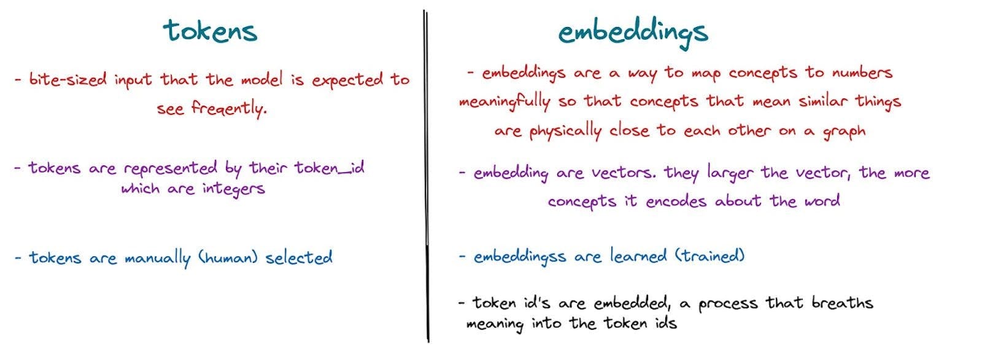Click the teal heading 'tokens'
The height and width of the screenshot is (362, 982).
point(210,31)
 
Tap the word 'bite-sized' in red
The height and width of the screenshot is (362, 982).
point(68,79)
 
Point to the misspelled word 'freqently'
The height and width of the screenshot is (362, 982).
point(229,108)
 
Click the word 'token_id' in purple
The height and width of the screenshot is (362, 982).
point(329,168)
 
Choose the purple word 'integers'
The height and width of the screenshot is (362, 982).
point(234,189)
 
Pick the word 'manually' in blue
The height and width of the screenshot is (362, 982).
point(158,258)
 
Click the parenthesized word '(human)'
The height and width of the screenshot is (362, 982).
point(228,257)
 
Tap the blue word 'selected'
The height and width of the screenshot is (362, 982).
point(299,257)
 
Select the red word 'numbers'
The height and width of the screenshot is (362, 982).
point(862,73)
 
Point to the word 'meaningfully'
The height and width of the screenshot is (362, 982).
point(505,102)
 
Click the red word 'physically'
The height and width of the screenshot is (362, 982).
point(565,131)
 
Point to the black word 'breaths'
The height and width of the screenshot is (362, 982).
point(842,303)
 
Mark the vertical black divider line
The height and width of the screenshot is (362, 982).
point(426,176)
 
